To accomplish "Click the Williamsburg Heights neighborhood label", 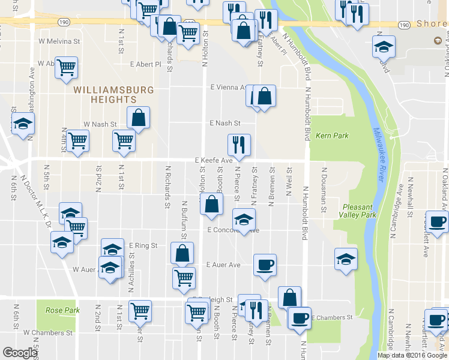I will [x=113, y=95].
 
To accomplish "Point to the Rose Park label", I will [x=62, y=310].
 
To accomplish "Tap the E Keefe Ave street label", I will [x=213, y=161].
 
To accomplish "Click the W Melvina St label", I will [x=59, y=42].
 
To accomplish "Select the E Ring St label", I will [x=143, y=245].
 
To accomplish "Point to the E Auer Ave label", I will [x=223, y=265].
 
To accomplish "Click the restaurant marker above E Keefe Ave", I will [x=239, y=145].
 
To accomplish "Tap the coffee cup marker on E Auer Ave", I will [x=264, y=265].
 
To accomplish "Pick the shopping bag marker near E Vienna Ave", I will [x=264, y=95].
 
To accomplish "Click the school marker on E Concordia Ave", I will [x=243, y=220].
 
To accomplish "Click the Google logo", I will [x=20, y=353].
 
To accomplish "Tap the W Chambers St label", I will [x=48, y=332].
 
